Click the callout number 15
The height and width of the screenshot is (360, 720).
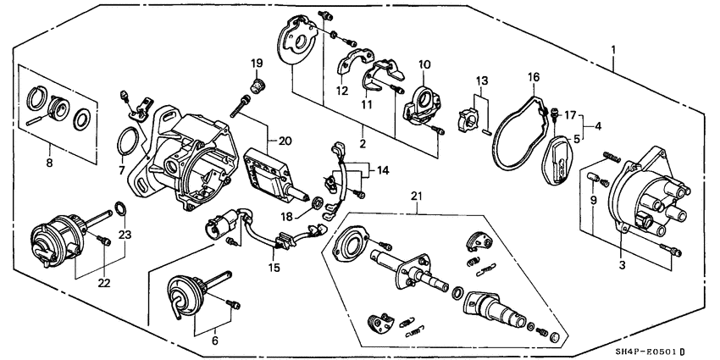coord(274,269)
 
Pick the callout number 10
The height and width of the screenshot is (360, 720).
coord(424,64)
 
